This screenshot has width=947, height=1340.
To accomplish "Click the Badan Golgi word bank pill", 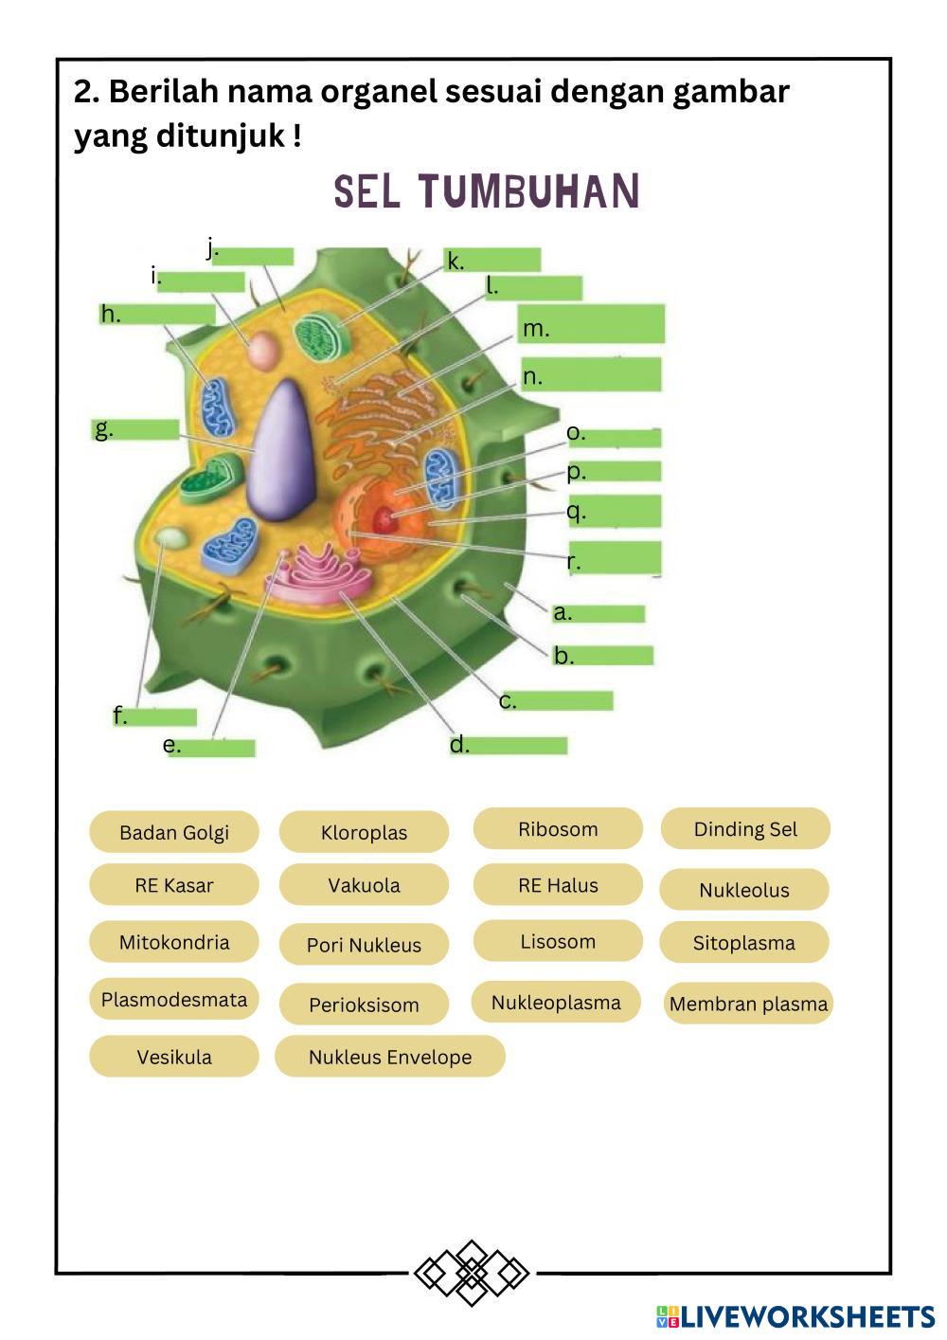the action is click(174, 832).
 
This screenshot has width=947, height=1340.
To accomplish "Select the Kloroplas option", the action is click(364, 832).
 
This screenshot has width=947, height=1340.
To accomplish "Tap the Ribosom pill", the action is click(558, 828).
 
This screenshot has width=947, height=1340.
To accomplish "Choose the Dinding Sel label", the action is click(745, 828).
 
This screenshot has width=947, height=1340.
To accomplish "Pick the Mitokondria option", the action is click(174, 942).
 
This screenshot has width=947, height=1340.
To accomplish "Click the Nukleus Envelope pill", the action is click(390, 1057).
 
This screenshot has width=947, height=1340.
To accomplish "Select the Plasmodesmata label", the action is click(174, 999).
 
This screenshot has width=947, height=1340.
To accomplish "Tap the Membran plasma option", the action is click(748, 1004).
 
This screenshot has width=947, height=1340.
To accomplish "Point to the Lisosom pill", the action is click(558, 941).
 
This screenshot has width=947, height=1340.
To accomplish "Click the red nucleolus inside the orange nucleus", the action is click(384, 517).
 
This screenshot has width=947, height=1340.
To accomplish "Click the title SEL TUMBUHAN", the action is click(487, 191).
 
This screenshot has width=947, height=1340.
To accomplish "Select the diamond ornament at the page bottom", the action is click(471, 1272).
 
